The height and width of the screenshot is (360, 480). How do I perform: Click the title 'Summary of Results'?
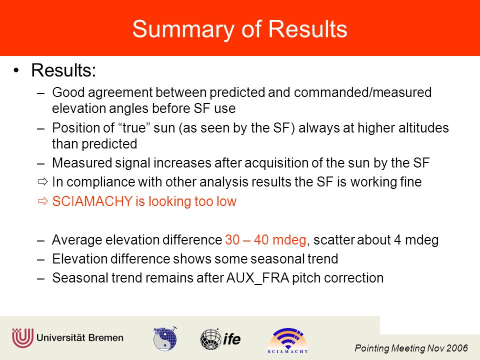tap(239, 29)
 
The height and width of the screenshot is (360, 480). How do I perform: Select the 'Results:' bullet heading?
tap(63, 70)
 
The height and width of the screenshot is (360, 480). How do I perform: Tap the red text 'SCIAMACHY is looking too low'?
tap(144, 201)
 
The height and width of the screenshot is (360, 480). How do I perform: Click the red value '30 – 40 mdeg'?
tap(265, 239)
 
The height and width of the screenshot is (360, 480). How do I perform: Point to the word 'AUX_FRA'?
tap(258, 278)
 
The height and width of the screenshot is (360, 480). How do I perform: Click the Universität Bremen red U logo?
tap(22, 338)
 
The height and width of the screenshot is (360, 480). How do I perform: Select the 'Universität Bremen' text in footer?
tap(80, 337)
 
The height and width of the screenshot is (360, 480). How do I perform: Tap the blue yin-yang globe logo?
tap(165, 338)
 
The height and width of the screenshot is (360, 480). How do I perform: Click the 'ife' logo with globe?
tap(220, 339)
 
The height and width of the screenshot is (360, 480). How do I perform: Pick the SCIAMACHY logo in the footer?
tap(288, 340)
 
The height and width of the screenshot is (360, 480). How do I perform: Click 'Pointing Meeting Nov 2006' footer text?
tap(411, 348)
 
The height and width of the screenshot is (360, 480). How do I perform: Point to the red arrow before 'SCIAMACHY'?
tap(43, 201)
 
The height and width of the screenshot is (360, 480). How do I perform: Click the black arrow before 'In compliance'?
tap(43, 182)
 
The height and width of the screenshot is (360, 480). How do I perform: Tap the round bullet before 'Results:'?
tap(16, 70)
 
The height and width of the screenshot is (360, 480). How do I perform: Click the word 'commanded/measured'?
tap(363, 92)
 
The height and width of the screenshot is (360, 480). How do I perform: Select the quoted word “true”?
tap(132, 127)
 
